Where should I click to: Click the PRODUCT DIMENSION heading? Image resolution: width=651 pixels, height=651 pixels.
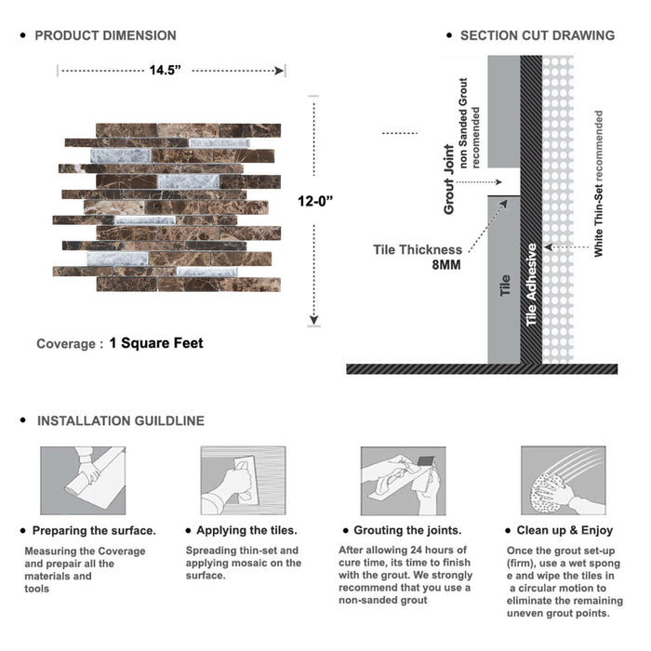coord(105,35)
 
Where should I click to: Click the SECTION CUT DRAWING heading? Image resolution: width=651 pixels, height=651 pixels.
coord(537,35)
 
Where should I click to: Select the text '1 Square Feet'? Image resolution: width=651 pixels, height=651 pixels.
coord(156,343)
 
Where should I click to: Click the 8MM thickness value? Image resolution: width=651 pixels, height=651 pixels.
coord(445,264)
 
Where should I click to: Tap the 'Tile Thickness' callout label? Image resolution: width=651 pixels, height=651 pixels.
coord(418,249)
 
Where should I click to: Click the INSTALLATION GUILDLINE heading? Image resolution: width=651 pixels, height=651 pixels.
coord(120,420)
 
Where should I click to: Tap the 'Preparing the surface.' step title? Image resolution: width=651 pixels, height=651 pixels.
coord(94,530)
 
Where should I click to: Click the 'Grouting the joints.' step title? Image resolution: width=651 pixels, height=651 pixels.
coord(407,530)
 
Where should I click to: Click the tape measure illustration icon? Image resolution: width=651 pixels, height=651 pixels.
coord(82,481)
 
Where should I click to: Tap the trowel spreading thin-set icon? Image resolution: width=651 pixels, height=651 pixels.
coord(241,481)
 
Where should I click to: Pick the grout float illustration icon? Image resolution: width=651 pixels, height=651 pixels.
coord(401,481)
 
